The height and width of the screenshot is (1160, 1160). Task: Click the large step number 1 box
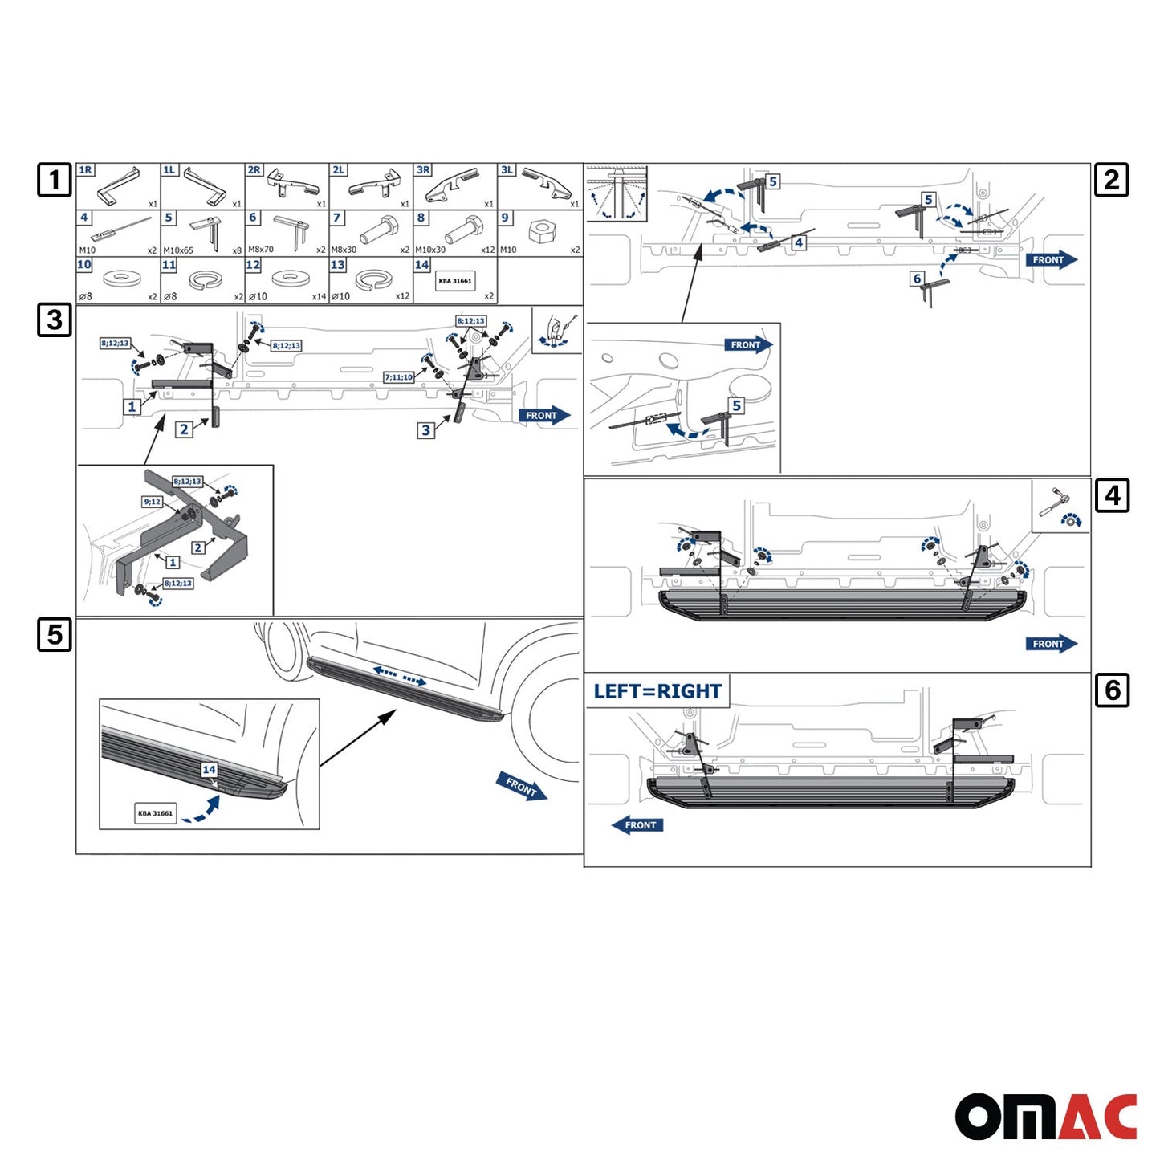[x=55, y=180]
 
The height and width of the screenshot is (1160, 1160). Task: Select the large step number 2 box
[x=1112, y=180]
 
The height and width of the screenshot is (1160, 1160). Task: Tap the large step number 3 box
[x=55, y=320]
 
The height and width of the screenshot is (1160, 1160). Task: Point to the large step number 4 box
[x=1112, y=495]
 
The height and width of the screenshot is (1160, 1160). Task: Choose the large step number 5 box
[x=55, y=634]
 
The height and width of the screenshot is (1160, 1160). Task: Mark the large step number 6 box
[x=1112, y=690]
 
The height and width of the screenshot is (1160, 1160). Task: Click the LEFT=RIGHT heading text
[x=657, y=691]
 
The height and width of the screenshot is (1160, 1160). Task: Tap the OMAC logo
[x=1045, y=1116]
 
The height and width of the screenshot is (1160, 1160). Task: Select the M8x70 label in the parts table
[x=261, y=250]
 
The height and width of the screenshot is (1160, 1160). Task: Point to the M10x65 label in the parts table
[x=178, y=250]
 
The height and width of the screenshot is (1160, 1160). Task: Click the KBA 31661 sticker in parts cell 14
[x=455, y=281]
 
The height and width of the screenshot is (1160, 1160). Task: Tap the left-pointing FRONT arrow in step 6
[x=638, y=825]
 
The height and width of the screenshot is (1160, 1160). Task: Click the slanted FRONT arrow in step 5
[x=522, y=787]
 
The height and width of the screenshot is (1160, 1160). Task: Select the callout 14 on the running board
[x=209, y=770]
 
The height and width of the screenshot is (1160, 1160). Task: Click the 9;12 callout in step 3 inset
[x=153, y=502]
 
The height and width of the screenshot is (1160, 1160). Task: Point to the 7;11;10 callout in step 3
[x=399, y=377]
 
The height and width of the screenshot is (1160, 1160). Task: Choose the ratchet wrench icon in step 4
[x=1053, y=501]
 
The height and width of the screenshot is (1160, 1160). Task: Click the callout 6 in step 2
[x=918, y=279]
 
